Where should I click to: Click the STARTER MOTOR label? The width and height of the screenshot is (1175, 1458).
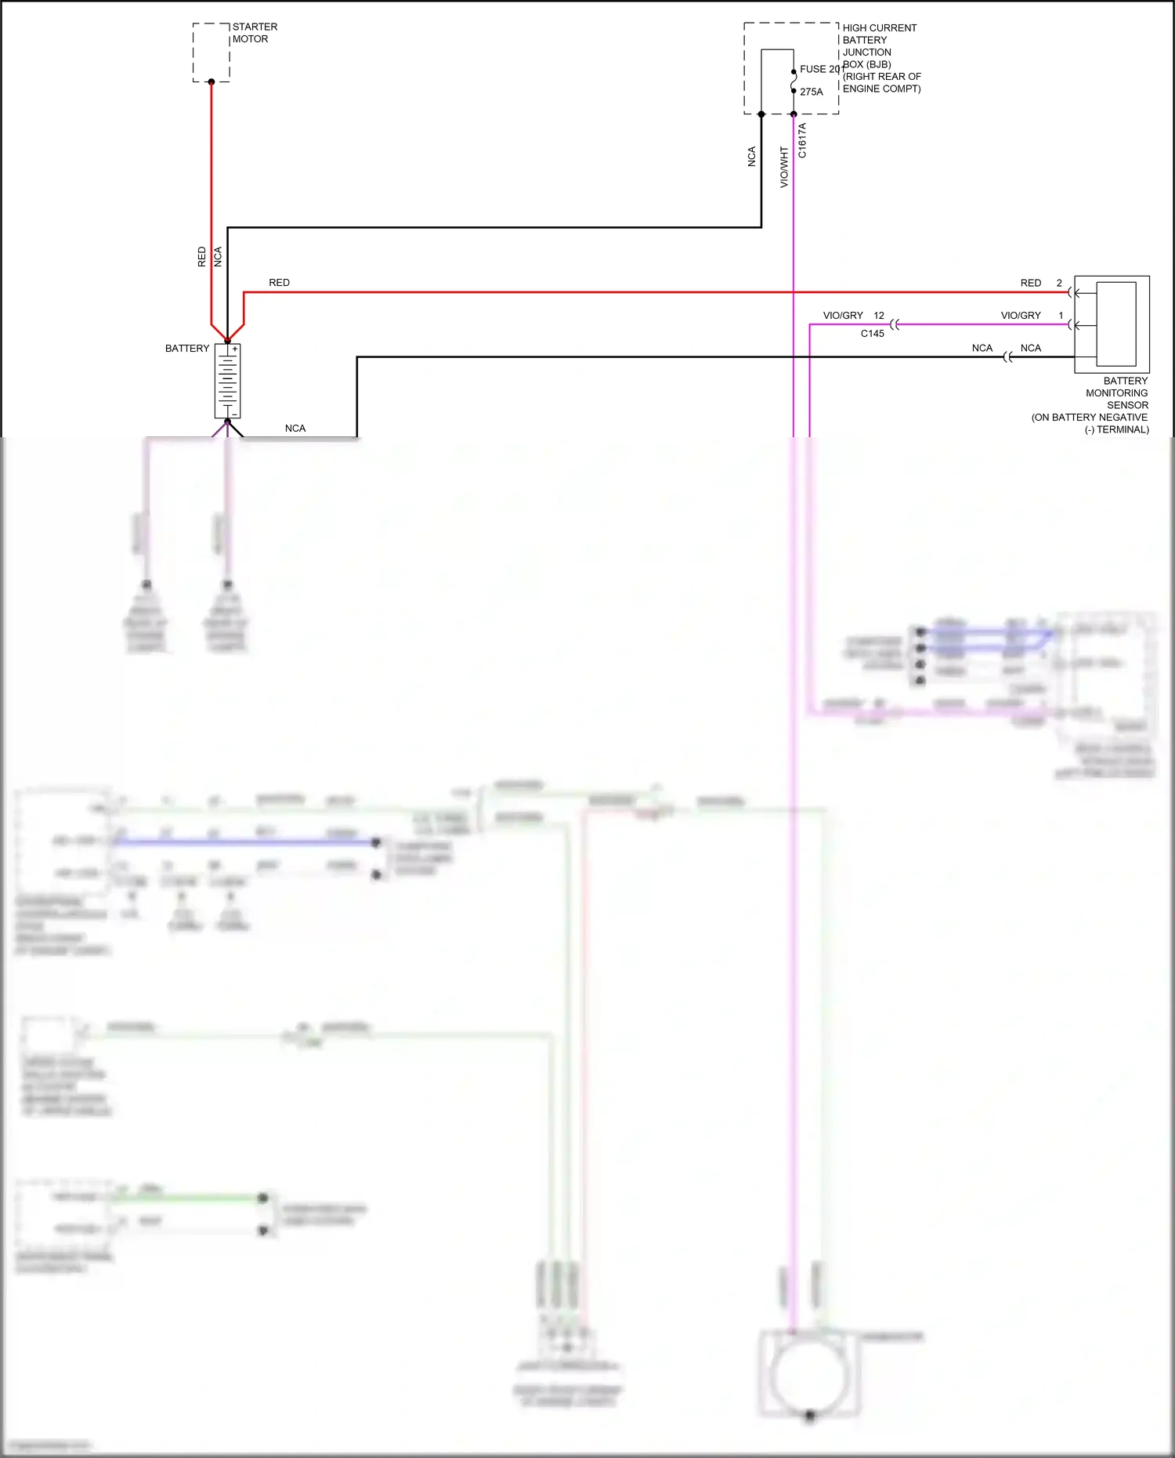(x=255, y=33)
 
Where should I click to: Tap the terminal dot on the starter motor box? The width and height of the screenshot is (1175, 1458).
(x=211, y=81)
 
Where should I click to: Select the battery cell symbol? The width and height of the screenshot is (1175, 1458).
(x=227, y=382)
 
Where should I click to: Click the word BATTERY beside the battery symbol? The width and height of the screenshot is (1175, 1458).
(x=187, y=349)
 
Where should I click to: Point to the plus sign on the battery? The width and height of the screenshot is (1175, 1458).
(x=234, y=349)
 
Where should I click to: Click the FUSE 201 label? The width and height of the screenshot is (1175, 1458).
(x=821, y=69)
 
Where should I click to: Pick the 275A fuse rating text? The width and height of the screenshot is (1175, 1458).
(x=812, y=92)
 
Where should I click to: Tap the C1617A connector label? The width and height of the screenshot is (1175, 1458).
(x=802, y=141)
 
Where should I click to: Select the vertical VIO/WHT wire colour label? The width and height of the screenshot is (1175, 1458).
(x=784, y=167)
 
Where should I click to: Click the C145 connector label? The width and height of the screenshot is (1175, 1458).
(x=873, y=334)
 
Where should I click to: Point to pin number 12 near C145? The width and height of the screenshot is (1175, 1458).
(x=879, y=316)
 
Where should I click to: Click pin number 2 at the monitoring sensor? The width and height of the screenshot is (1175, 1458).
(x=1059, y=283)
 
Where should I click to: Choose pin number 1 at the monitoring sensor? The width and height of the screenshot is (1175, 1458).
(x=1061, y=316)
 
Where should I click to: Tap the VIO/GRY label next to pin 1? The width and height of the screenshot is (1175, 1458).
(x=1021, y=316)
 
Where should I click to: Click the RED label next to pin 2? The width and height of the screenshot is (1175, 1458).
(x=1031, y=283)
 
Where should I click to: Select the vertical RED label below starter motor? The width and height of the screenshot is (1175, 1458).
(x=202, y=257)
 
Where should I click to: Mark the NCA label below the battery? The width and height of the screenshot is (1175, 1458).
(x=295, y=429)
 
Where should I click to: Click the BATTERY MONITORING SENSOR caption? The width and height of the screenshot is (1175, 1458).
(x=1116, y=393)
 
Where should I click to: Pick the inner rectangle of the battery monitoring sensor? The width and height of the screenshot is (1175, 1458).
(x=1116, y=324)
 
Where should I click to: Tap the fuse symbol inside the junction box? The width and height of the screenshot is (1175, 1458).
(x=794, y=81)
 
